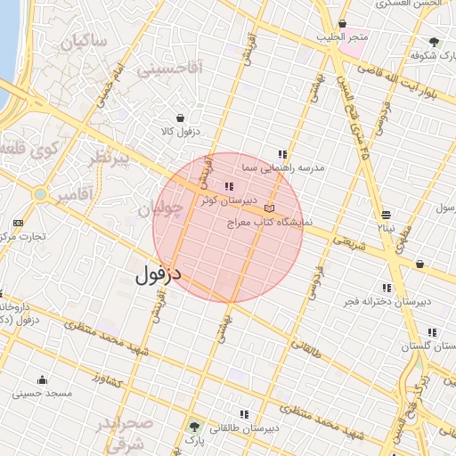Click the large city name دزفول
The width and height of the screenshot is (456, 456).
(158, 273)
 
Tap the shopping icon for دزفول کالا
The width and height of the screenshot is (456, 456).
(182, 118)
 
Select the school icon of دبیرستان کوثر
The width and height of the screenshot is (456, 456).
(229, 186)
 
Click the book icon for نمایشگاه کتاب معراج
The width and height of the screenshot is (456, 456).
(282, 208)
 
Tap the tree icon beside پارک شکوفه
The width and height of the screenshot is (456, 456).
(434, 41)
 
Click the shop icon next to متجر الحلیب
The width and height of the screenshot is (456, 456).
(344, 24)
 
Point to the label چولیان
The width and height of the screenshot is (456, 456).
(161, 209)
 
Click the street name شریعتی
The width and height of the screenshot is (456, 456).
(349, 243)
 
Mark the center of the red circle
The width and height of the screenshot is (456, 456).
(229, 227)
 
